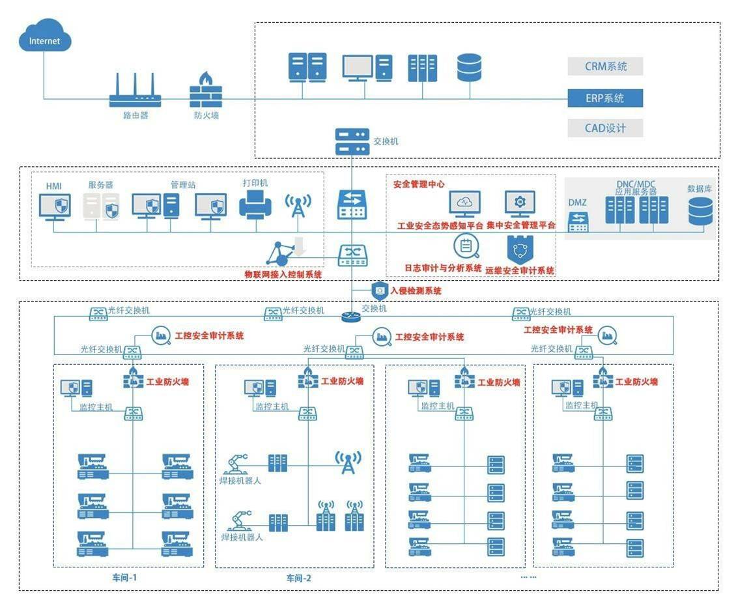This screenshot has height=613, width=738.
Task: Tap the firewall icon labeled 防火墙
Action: [206, 91]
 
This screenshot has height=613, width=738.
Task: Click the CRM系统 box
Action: [605, 66]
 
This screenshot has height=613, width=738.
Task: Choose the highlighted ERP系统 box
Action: [605, 98]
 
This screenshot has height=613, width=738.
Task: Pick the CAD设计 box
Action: [605, 128]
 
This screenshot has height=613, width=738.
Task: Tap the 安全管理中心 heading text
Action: [419, 184]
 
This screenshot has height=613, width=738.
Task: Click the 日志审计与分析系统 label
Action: [443, 268]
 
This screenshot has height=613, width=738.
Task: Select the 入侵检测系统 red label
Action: [415, 291]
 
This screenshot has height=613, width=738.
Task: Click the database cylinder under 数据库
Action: [700, 211]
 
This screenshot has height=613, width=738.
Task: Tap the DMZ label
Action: [577, 203]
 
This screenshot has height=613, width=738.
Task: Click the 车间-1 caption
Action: [124, 577]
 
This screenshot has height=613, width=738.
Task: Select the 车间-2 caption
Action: [300, 578]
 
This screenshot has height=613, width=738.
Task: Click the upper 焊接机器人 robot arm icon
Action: [236, 463]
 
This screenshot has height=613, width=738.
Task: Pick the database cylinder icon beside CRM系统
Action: [469, 68]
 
